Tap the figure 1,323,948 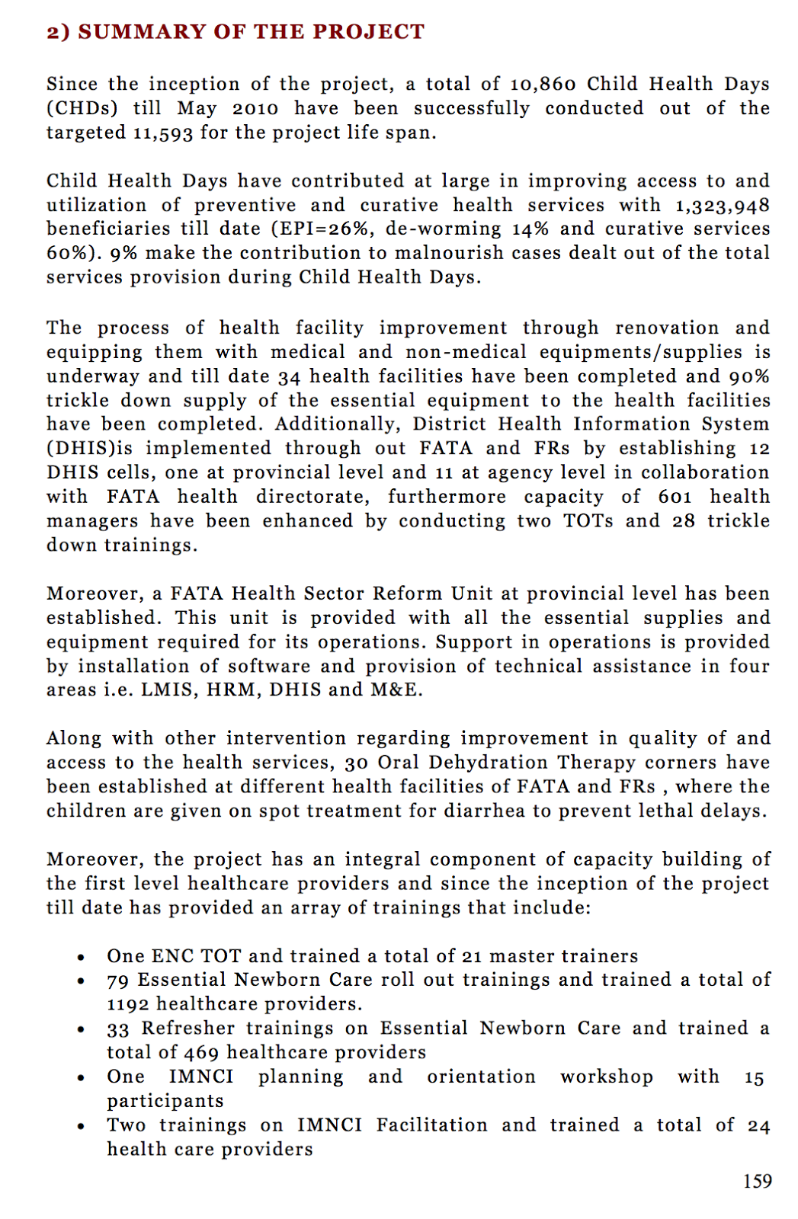[722, 206]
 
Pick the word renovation [667, 328]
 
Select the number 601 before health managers [675, 498]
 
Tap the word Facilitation [431, 1125]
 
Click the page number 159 [757, 1182]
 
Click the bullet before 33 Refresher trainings [81, 1030]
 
